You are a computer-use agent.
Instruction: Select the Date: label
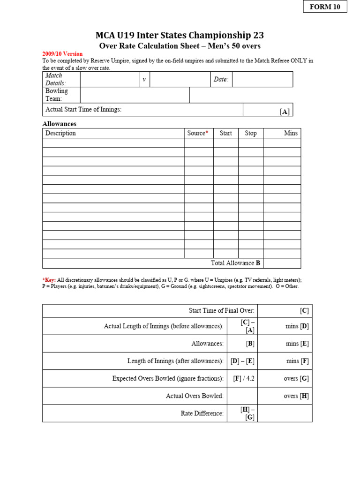click(221, 80)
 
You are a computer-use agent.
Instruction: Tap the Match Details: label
click(55, 79)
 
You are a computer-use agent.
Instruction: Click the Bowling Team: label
click(56, 95)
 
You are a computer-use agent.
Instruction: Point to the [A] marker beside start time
click(285, 112)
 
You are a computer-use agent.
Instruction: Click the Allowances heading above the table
click(59, 124)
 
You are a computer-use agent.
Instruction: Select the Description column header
click(60, 133)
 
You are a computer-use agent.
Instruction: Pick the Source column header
click(197, 133)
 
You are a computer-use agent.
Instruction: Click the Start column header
click(225, 133)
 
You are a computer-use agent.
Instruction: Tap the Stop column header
click(250, 133)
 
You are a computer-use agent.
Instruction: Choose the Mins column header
click(291, 133)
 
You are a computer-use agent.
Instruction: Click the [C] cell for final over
click(304, 310)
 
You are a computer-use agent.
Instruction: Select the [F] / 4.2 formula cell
click(244, 378)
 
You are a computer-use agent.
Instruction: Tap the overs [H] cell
click(296, 396)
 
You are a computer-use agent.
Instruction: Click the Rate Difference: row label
click(202, 413)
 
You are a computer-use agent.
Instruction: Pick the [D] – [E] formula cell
click(242, 361)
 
